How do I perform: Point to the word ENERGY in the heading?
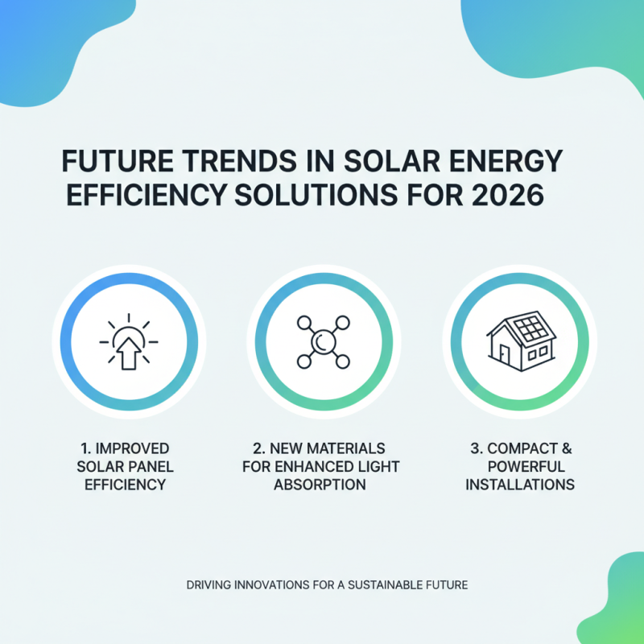pyautogui.click(x=507, y=162)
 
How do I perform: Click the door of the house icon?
pyautogui.click(x=503, y=356)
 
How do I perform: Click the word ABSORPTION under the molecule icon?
pyautogui.click(x=320, y=485)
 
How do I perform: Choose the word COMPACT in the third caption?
pyautogui.click(x=524, y=448)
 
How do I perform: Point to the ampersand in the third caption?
pyautogui.click(x=567, y=448)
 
